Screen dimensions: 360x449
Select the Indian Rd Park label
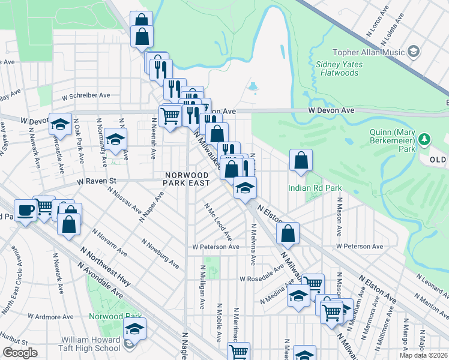pyautogui.click(x=315, y=188)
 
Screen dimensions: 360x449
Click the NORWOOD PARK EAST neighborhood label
pyautogui.click(x=188, y=179)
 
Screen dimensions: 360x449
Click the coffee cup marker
pyautogui.click(x=26, y=210)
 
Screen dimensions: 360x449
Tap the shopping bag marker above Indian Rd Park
pyautogui.click(x=301, y=160)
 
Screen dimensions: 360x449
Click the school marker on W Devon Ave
pyautogui.click(x=60, y=124)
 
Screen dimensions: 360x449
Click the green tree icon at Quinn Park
pyautogui.click(x=425, y=140)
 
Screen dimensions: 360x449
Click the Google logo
pyautogui.click(x=20, y=353)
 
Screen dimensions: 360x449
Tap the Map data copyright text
pyautogui.click(x=423, y=355)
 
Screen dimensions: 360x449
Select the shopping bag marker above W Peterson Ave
pyautogui.click(x=288, y=233)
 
